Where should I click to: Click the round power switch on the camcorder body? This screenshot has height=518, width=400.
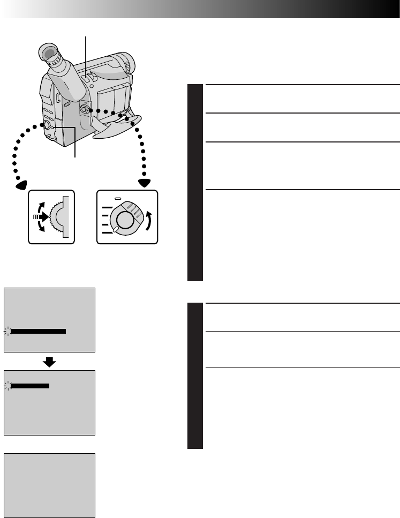click(x=85, y=109)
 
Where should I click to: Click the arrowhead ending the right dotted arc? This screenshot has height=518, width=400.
click(x=144, y=182)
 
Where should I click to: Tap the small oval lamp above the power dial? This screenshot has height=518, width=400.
click(x=122, y=198)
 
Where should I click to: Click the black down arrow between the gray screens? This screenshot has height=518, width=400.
click(x=49, y=362)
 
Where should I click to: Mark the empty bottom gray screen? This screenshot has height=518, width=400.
click(x=49, y=485)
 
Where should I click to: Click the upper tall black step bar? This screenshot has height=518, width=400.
click(x=195, y=183)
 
